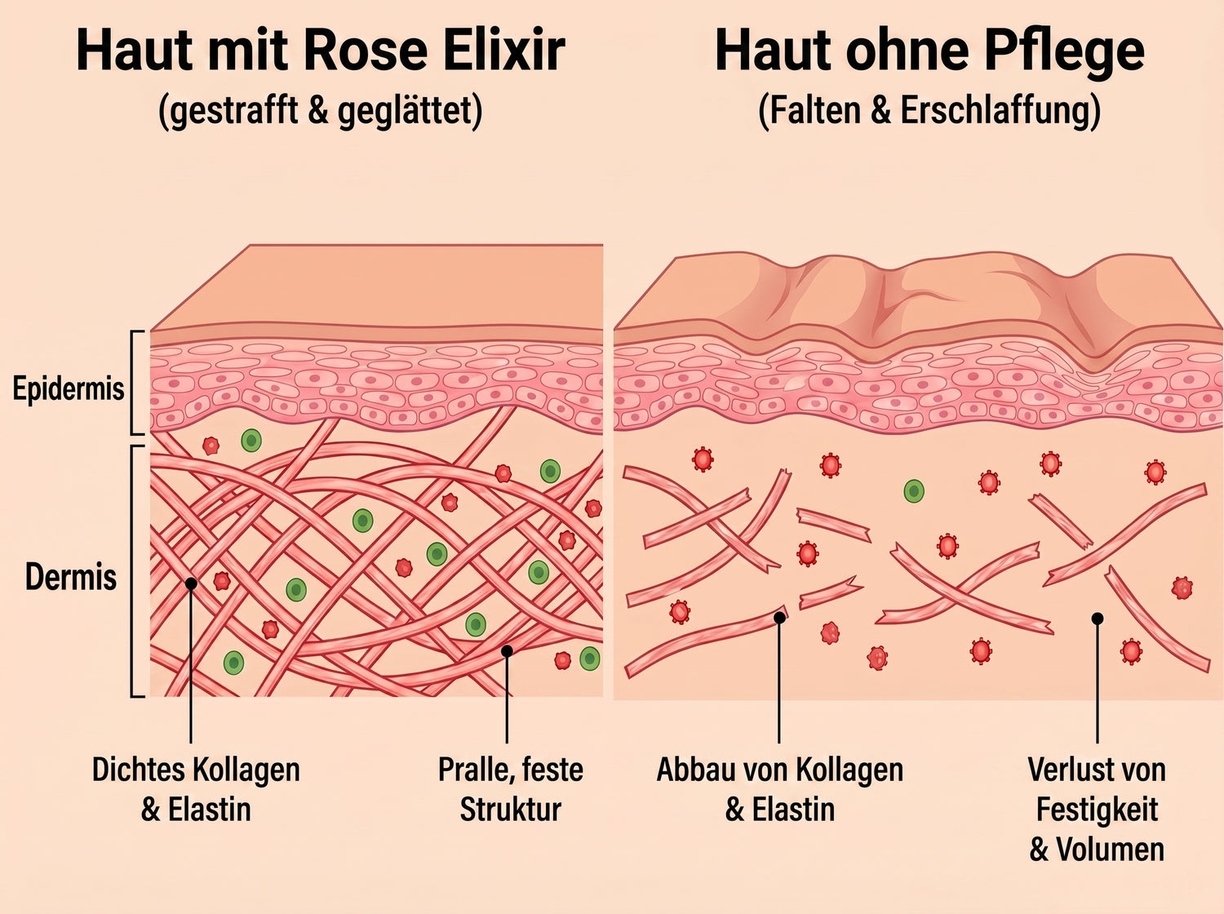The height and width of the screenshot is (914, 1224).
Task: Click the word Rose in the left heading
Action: (x=366, y=51)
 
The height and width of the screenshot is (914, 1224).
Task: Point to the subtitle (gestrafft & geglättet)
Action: (x=321, y=111)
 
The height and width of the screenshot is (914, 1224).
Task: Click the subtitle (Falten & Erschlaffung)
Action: (x=929, y=110)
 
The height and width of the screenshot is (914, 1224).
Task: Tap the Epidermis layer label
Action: (x=68, y=388)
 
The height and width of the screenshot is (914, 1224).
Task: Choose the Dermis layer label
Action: (x=71, y=577)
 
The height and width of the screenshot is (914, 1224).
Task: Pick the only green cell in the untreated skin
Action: (x=913, y=490)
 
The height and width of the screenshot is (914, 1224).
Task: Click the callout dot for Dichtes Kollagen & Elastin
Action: (x=191, y=583)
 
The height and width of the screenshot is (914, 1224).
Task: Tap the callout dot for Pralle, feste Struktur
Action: (x=507, y=650)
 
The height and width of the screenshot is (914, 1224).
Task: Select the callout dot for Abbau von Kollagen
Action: (x=779, y=618)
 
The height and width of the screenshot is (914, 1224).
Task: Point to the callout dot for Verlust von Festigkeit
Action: (x=1098, y=619)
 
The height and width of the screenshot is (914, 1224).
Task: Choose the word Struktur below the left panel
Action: (x=510, y=810)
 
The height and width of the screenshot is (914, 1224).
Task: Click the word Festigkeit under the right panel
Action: (x=1097, y=810)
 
